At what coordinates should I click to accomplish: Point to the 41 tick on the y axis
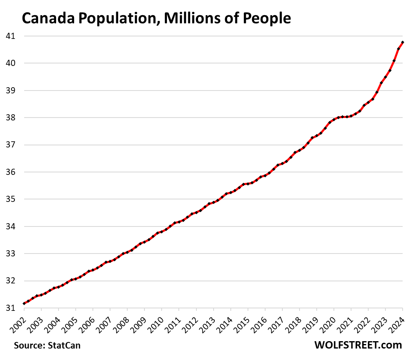click(x=11, y=36)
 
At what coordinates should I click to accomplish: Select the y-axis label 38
click(x=11, y=118)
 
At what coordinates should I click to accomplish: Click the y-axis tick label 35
click(x=11, y=199)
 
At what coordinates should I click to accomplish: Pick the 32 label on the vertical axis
click(x=11, y=281)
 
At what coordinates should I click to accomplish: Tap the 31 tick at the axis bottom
click(x=11, y=308)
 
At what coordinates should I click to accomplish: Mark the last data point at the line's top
click(x=403, y=42)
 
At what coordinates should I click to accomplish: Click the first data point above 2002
click(x=24, y=303)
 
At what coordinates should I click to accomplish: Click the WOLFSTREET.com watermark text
click(x=358, y=345)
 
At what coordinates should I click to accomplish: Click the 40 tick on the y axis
click(x=11, y=63)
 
